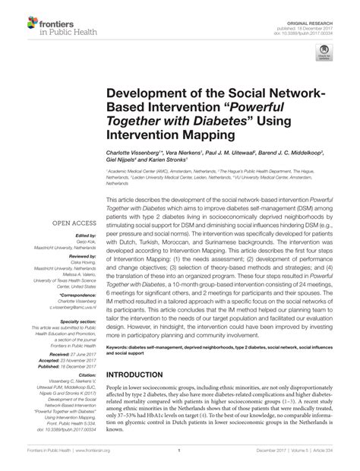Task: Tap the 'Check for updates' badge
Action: pyautogui.click(x=324, y=52)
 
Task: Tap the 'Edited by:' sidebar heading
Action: pyautogui.click(x=73, y=236)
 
